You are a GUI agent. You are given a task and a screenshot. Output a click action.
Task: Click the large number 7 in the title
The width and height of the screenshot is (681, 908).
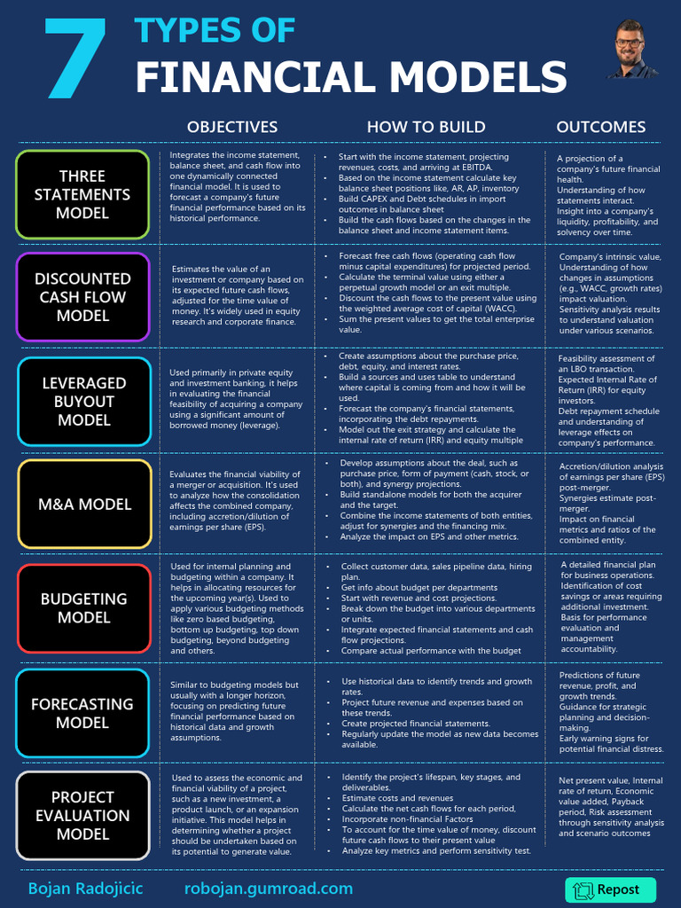[x=76, y=58]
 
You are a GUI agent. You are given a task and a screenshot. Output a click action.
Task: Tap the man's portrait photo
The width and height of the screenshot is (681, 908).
[x=631, y=49]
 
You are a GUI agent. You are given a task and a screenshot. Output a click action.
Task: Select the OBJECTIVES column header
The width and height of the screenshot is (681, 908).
[x=232, y=127]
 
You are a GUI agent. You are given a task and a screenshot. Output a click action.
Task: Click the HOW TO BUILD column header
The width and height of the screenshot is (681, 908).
[x=426, y=127]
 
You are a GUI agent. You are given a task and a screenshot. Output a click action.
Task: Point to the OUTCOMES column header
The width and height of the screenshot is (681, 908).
[x=601, y=127]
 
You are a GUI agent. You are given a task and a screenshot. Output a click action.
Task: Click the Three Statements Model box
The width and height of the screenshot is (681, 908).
[x=82, y=194]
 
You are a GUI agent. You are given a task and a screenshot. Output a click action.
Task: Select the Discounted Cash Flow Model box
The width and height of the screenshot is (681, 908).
[x=82, y=297]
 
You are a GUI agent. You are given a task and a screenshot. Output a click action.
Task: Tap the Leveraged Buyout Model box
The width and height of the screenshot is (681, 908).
[x=84, y=401]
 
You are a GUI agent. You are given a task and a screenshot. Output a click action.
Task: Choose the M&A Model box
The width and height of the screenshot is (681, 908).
[x=84, y=504]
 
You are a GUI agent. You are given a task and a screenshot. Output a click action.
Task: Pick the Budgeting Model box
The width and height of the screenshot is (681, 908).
[x=84, y=608]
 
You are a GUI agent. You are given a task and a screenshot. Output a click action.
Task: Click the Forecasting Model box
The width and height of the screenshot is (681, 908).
[x=82, y=713]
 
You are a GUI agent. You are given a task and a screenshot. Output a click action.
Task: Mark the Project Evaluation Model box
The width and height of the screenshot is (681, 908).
[x=82, y=816]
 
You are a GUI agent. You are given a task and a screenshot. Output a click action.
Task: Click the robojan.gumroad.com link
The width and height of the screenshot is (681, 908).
[x=269, y=888]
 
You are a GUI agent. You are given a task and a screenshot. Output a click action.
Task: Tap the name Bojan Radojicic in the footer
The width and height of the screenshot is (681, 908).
[x=85, y=888]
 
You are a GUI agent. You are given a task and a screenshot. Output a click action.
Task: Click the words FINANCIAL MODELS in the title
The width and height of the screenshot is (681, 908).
[x=350, y=78]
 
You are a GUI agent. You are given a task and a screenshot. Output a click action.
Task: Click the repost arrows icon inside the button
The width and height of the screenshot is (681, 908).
[x=583, y=890]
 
